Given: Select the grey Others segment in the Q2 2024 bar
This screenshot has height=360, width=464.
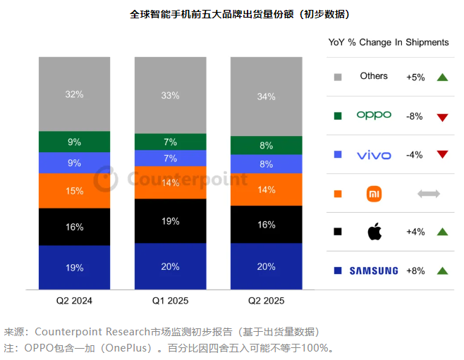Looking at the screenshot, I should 75,94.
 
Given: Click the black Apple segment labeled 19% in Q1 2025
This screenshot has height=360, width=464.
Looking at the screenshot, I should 170,221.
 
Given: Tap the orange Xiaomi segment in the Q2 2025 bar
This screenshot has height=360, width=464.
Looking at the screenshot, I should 266,190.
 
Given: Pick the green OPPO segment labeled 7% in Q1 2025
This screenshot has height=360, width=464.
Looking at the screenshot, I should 170,142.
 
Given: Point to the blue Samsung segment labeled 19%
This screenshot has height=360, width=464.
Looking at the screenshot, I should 75,267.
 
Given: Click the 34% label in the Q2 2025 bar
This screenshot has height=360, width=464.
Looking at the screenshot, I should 266,97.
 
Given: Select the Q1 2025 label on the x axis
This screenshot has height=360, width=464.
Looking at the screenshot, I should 170,300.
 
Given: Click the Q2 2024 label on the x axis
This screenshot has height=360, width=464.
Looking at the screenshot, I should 75,300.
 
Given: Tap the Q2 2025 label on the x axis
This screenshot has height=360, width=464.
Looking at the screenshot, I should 266,300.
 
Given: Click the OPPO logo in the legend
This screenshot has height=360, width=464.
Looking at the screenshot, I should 374,115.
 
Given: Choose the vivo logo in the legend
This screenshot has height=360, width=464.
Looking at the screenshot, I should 374,154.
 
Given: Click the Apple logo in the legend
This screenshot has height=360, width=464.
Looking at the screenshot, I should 374,231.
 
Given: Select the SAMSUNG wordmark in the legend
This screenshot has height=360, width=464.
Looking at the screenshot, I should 374,271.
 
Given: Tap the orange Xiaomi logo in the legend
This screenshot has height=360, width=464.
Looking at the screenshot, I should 374,193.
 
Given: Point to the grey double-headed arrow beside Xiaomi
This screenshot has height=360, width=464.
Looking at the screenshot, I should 429,193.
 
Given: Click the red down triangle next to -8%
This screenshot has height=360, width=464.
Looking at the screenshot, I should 442,116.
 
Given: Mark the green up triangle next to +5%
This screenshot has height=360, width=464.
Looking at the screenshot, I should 442,77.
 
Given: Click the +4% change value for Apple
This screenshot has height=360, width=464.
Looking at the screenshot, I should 415,232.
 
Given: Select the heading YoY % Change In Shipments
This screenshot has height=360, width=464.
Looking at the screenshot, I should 389,42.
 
